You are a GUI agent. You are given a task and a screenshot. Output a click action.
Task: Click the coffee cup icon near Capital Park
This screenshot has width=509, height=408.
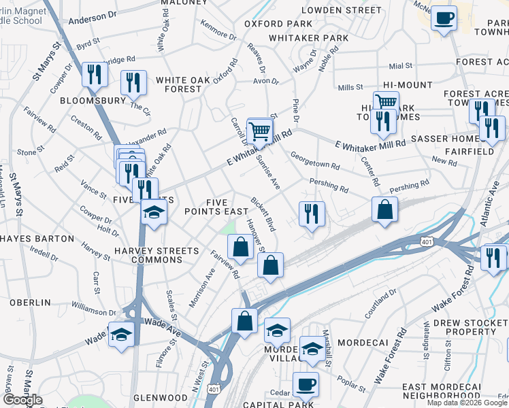point(306,384)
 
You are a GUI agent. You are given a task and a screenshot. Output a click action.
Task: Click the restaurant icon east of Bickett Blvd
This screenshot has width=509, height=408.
point(311,214)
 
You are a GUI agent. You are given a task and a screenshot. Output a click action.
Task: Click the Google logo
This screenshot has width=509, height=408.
point(22,400)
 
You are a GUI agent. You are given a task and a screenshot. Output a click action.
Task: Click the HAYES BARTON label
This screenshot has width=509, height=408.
point(37,239)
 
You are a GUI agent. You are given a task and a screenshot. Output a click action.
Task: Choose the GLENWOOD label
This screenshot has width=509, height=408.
point(160,397)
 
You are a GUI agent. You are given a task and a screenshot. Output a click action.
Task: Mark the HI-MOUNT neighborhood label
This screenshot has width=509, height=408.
point(408,84)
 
